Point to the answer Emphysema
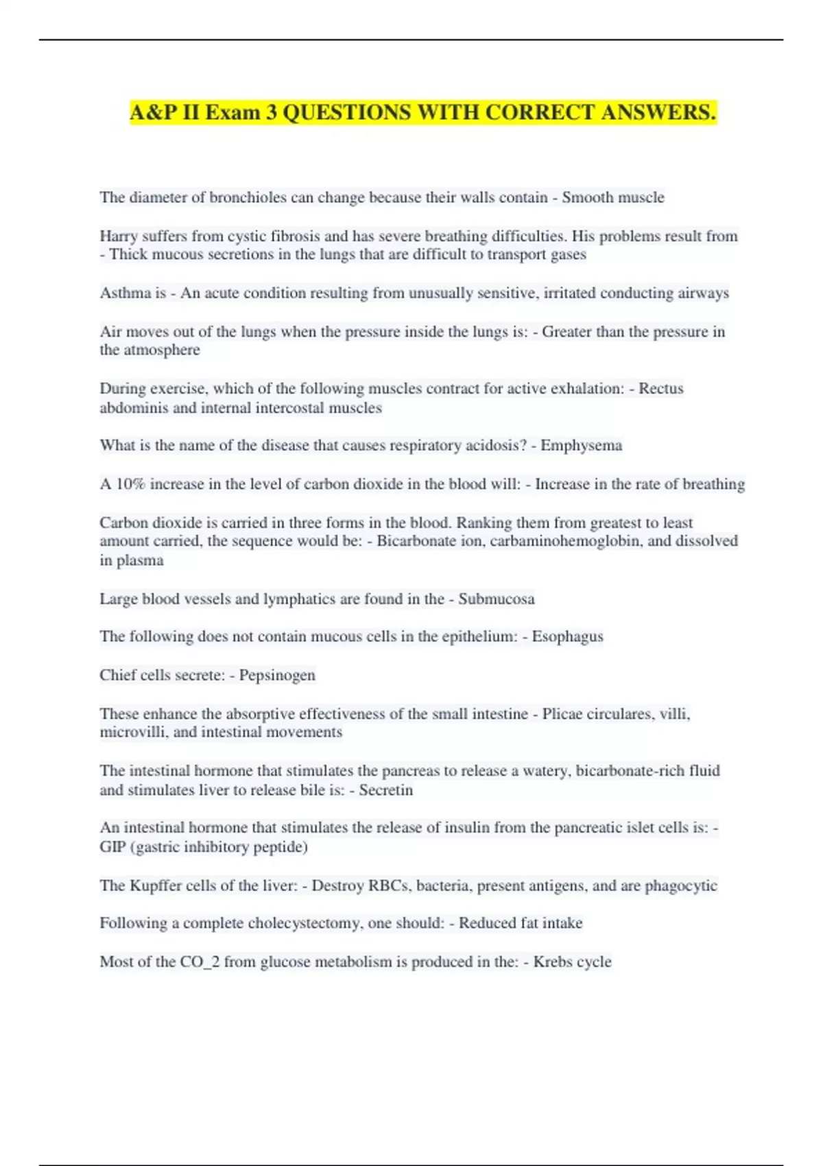(581, 445)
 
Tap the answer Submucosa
(497, 599)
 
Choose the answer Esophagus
(568, 636)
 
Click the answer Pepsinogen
(277, 675)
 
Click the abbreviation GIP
(112, 846)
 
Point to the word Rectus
(661, 388)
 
